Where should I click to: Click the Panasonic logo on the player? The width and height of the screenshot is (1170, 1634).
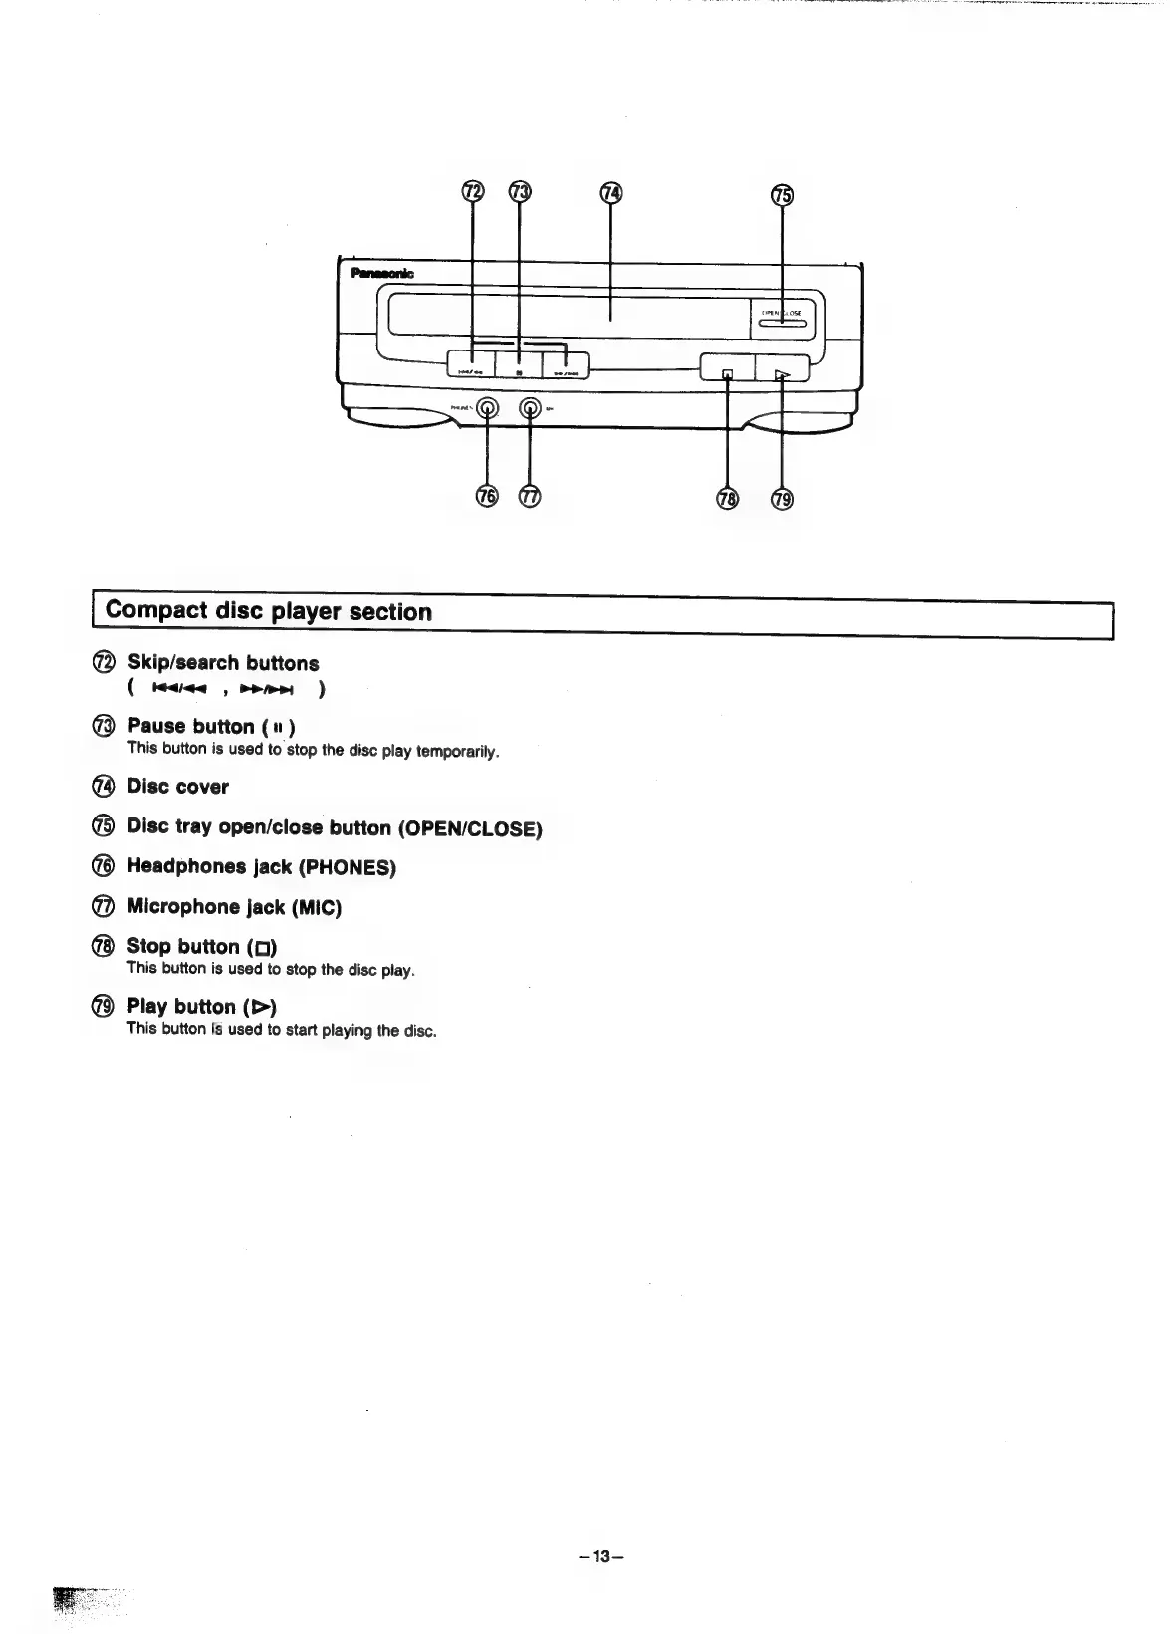point(382,274)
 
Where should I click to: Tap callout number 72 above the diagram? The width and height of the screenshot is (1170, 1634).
point(472,192)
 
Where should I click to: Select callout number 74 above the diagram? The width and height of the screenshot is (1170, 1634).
point(610,193)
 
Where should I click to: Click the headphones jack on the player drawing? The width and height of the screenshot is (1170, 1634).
point(487,407)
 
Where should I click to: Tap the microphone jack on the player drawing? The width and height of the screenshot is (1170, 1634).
point(531,407)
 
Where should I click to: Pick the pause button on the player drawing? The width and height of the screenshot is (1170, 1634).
point(519,371)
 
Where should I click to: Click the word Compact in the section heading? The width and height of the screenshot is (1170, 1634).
point(156,610)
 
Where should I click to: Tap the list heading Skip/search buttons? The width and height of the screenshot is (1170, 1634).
point(223,663)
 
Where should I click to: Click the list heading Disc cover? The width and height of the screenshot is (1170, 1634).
point(178,787)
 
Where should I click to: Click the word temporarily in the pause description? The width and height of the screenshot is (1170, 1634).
point(458,750)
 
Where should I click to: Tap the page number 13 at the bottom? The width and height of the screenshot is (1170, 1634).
point(600,1557)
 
